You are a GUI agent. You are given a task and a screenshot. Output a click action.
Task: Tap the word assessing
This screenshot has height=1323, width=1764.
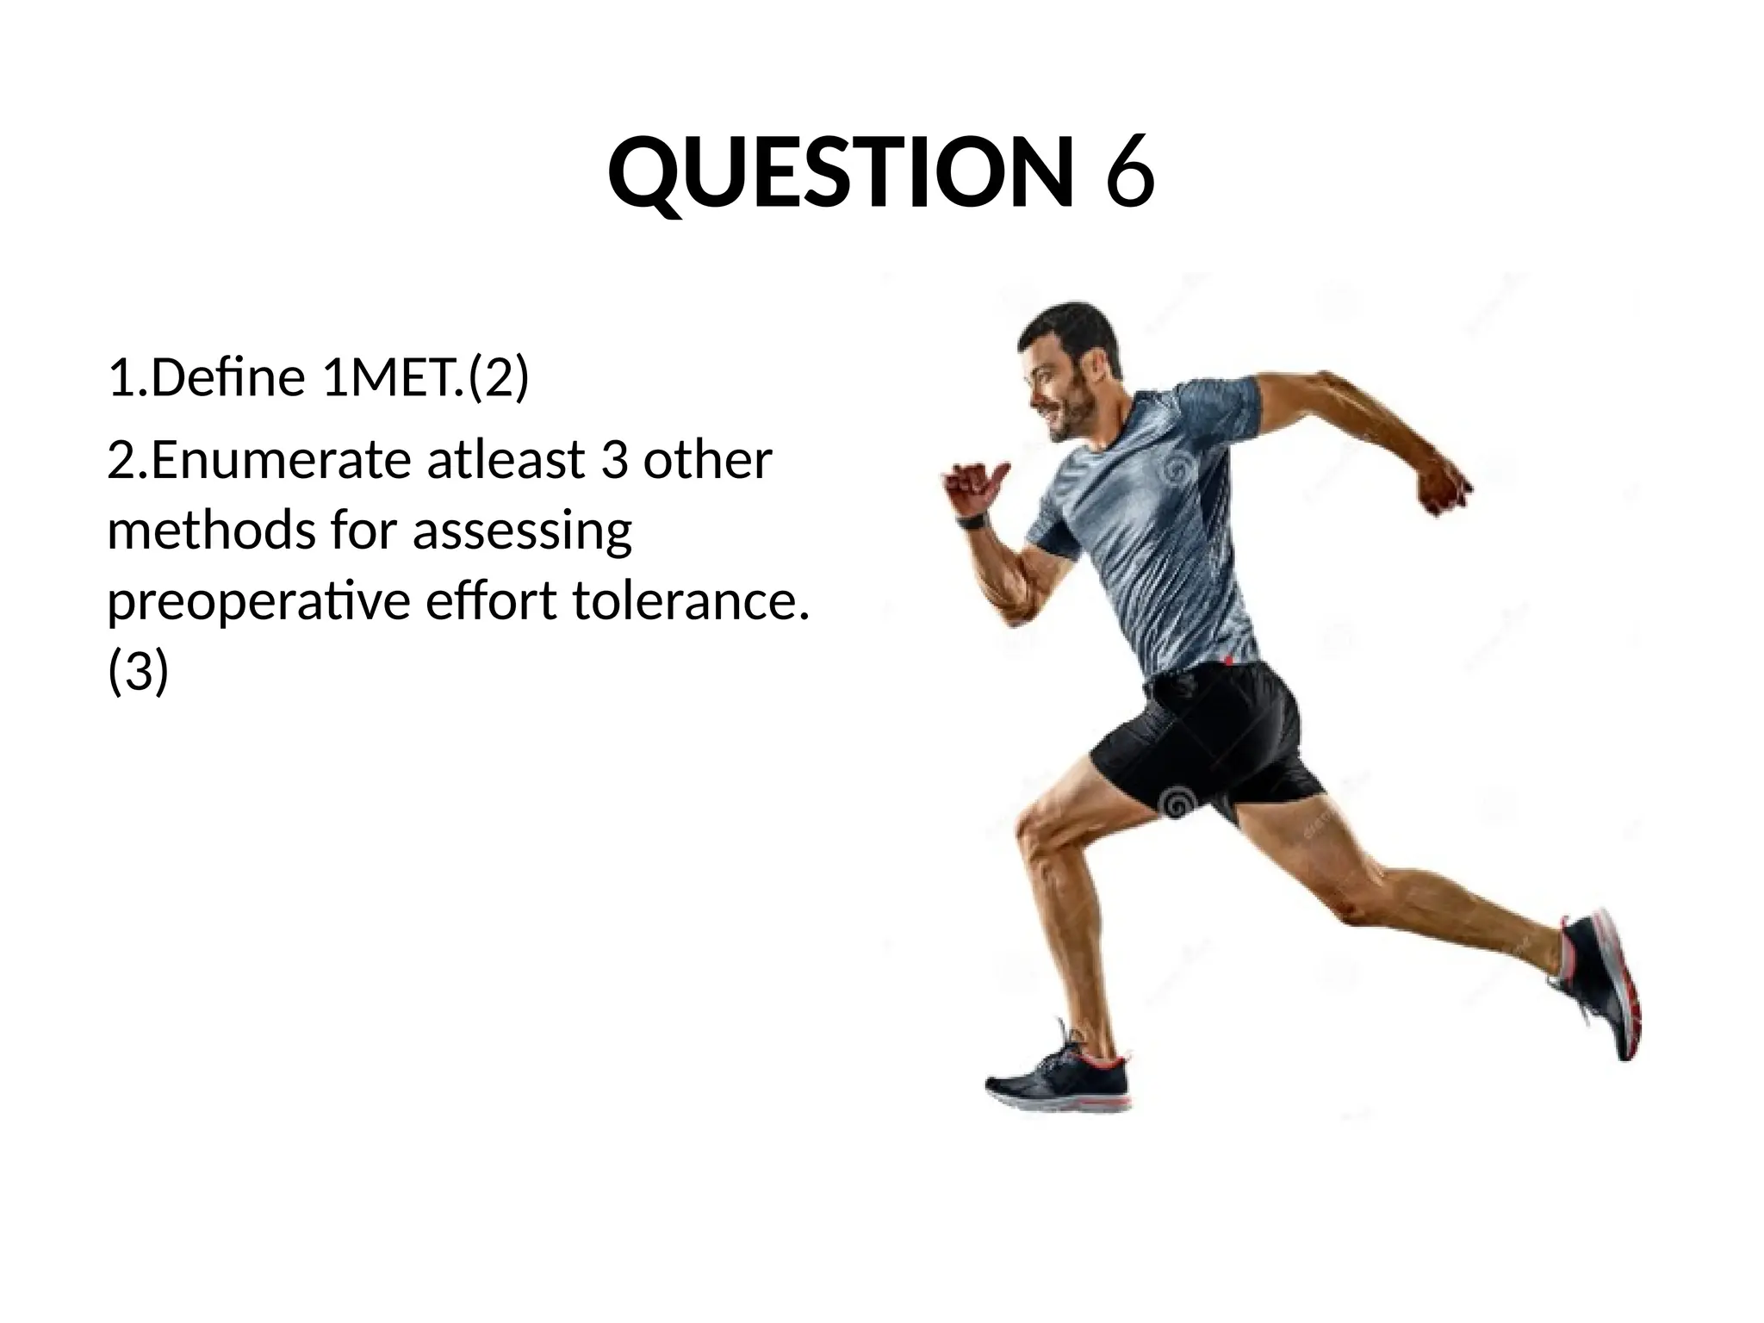click(522, 531)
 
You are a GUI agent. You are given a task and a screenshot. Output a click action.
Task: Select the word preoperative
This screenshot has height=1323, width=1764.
click(258, 600)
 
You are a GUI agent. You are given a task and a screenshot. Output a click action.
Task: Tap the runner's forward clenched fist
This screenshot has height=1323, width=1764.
click(972, 486)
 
